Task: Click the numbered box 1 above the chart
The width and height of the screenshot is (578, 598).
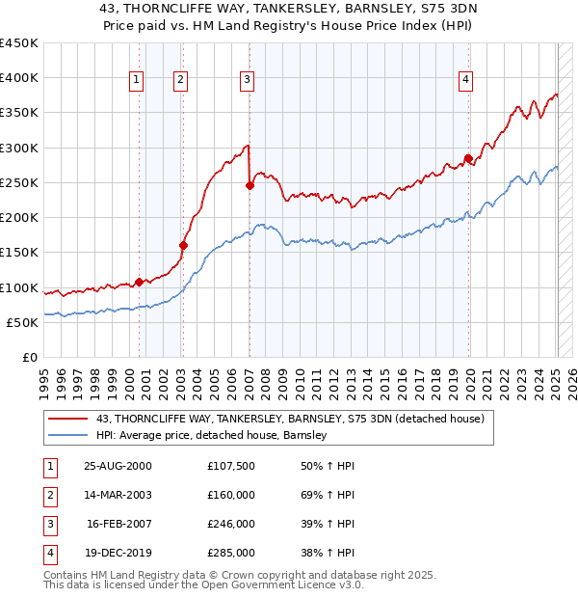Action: tap(137, 80)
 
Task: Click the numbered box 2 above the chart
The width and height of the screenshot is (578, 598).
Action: tap(180, 80)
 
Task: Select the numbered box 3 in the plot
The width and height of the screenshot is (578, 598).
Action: tap(247, 80)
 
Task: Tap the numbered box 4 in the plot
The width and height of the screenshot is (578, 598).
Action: tap(465, 80)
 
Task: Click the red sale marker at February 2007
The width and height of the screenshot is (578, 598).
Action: tap(250, 185)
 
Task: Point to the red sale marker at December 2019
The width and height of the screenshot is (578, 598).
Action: tap(468, 158)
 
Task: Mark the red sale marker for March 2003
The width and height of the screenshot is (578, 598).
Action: tap(183, 245)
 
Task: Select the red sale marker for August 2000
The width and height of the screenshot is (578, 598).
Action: tap(140, 282)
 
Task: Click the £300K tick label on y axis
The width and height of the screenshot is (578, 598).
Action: tap(19, 148)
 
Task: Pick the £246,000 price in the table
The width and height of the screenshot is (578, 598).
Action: tap(231, 525)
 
